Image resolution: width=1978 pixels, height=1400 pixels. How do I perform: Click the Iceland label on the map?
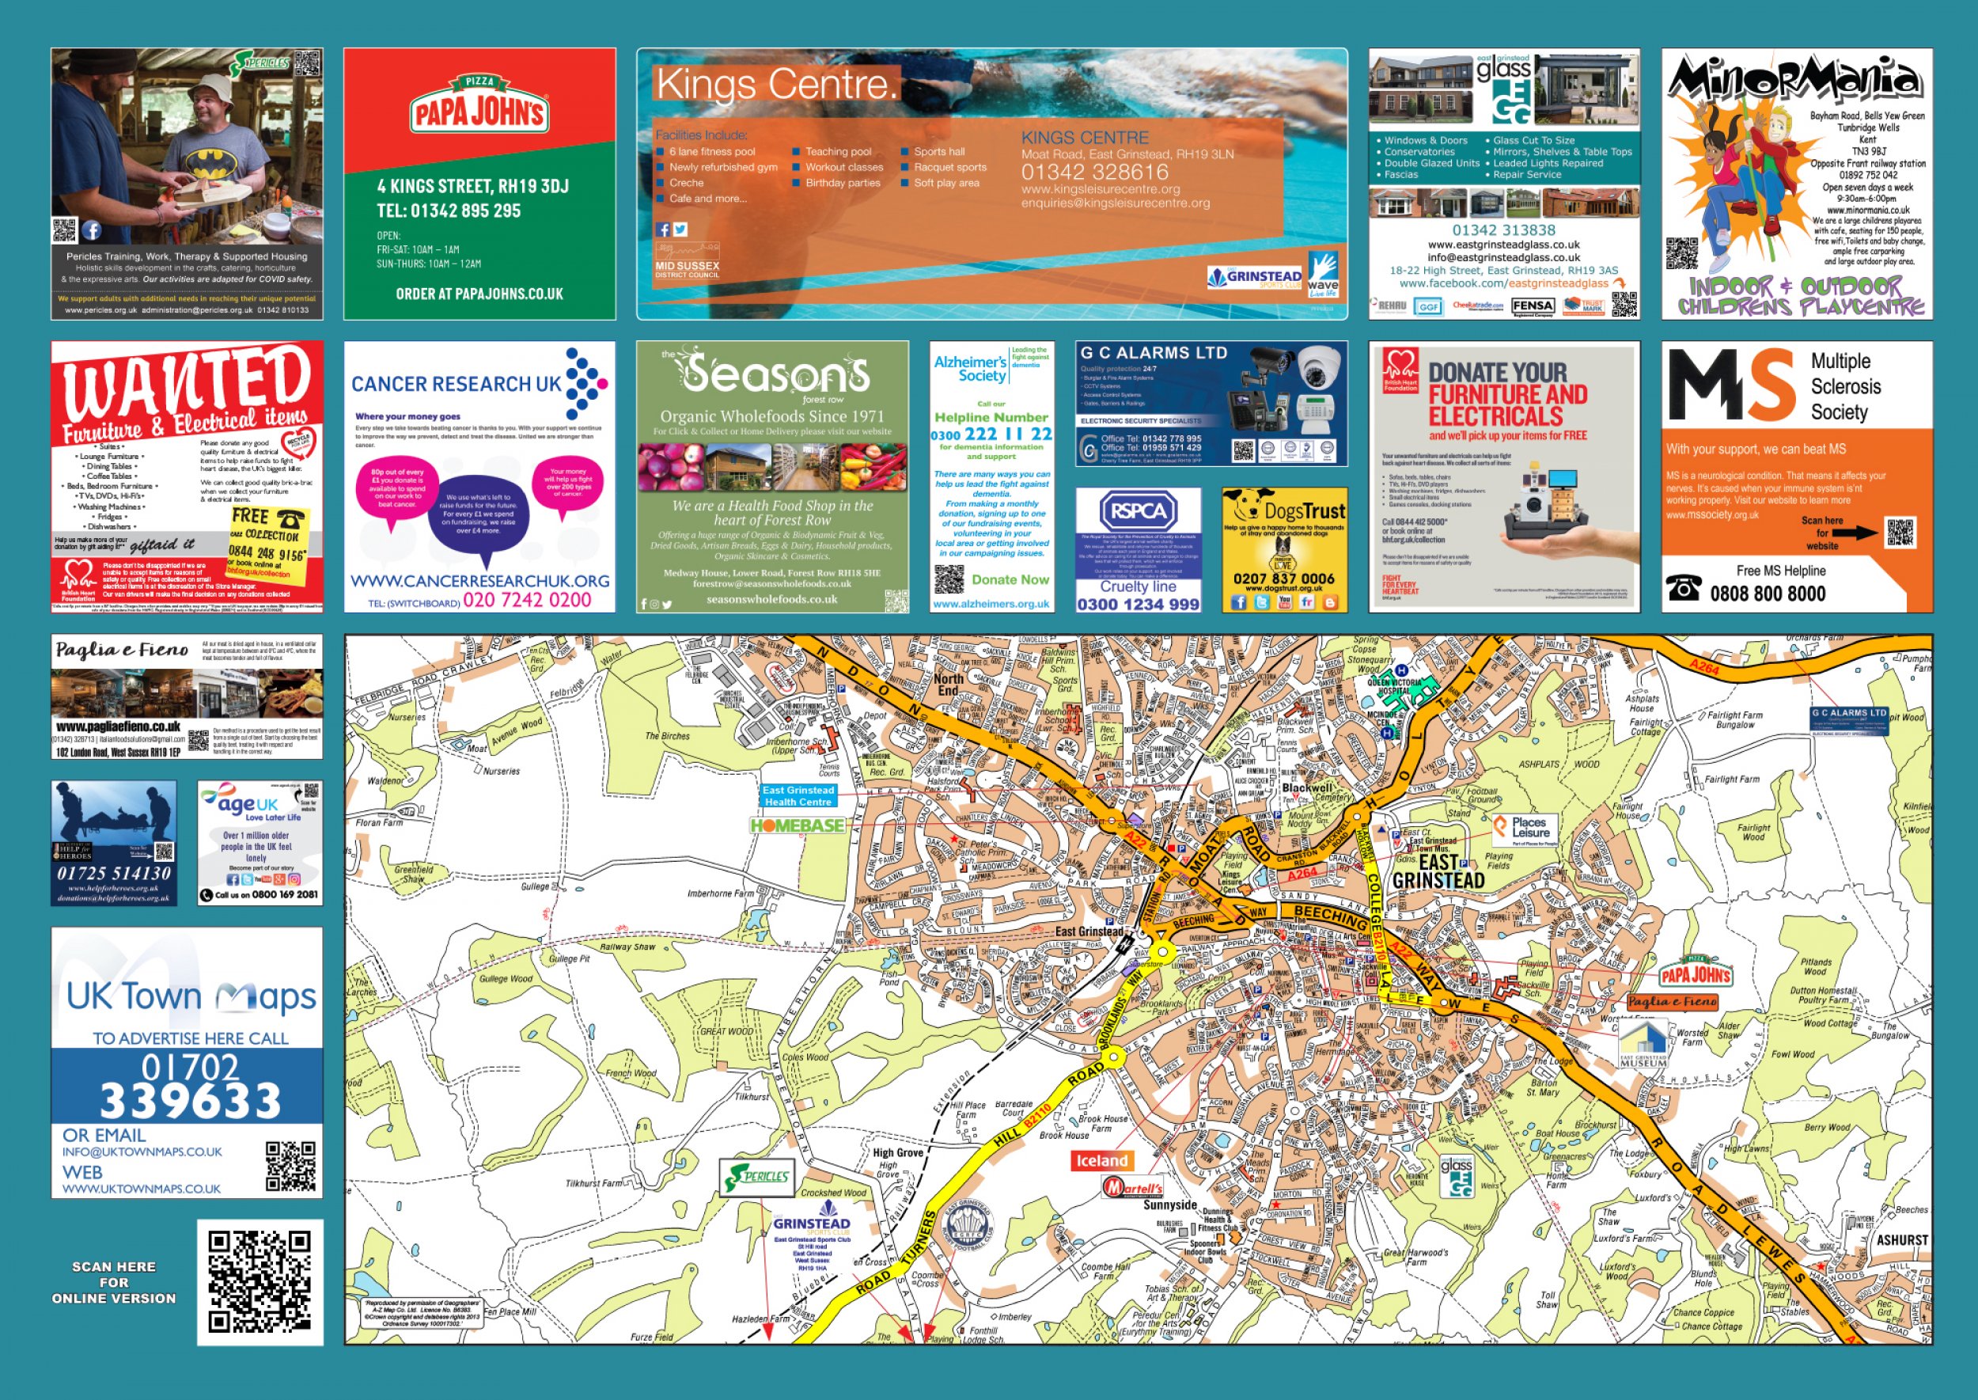(x=1101, y=1160)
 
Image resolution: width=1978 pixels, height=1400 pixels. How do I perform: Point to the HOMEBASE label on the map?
(x=798, y=826)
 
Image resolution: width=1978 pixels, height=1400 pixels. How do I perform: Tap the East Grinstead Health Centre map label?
(x=798, y=795)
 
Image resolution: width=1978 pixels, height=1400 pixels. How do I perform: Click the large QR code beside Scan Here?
(x=260, y=1282)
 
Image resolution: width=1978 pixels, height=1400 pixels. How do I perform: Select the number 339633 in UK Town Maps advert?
(x=191, y=1100)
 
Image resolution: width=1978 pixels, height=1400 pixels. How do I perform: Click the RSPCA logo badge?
(x=1138, y=512)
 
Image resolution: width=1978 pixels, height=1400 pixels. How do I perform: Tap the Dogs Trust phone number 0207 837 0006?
(x=1283, y=579)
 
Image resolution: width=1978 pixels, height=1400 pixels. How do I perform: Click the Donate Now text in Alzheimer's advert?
(x=1010, y=579)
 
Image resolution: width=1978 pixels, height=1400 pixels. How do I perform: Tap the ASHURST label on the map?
(x=1901, y=1239)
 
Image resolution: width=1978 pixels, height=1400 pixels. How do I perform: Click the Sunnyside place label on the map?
(x=1169, y=1205)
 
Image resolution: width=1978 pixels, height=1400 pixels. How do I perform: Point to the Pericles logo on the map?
(x=758, y=1177)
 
